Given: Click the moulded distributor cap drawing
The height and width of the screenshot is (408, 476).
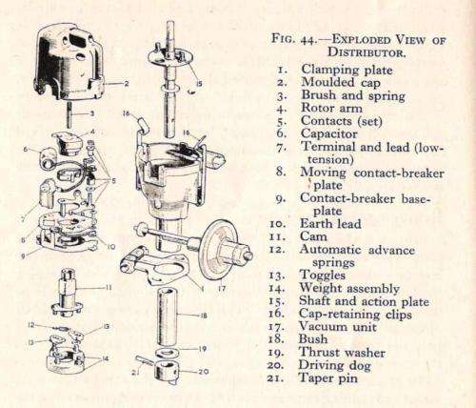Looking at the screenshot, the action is [x=69, y=62].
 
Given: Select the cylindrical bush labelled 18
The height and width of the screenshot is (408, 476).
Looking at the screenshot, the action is [x=167, y=316].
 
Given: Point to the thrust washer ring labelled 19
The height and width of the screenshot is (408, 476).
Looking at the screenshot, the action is [x=167, y=353].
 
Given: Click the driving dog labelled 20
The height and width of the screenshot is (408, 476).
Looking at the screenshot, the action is [x=167, y=371].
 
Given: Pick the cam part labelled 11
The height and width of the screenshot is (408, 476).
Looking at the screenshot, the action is [x=68, y=293].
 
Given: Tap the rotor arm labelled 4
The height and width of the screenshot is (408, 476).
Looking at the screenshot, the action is [x=67, y=144].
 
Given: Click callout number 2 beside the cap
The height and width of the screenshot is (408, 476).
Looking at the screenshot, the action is [x=127, y=84].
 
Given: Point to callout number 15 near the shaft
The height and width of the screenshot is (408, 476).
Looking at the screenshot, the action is [x=199, y=84].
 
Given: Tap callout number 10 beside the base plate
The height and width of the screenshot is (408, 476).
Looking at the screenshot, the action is [x=110, y=246].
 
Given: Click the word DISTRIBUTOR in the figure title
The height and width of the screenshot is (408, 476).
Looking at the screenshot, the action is [x=367, y=52].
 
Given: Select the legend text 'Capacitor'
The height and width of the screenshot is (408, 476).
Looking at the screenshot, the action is [x=329, y=133].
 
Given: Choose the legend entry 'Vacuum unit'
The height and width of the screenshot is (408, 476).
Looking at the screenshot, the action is [x=338, y=327].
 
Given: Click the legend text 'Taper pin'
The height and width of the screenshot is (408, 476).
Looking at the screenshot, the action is [x=328, y=378].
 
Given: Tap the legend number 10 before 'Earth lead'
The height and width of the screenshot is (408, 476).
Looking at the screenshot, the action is [x=277, y=224].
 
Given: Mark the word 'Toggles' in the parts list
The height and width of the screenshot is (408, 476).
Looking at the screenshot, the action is [x=323, y=275].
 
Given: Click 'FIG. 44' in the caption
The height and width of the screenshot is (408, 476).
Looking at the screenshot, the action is [x=293, y=40].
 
